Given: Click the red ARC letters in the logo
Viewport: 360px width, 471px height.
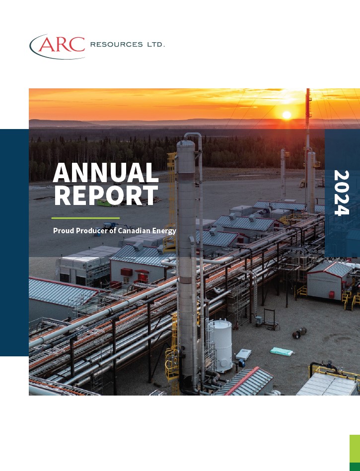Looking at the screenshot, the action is point(62,45).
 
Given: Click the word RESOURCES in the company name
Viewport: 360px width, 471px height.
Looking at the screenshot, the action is point(117,45).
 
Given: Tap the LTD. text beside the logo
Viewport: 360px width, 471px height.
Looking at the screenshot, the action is point(156,45).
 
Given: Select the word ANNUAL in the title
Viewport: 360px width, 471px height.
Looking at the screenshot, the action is point(105,173).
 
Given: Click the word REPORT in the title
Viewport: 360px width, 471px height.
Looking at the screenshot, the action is point(105,195).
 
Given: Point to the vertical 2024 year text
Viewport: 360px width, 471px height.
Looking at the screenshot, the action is point(342,193).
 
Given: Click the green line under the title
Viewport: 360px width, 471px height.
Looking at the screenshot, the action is point(85,218).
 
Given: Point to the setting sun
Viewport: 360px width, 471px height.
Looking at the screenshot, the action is point(287,115).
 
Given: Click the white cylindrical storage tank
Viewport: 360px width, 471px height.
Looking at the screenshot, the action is point(221,345).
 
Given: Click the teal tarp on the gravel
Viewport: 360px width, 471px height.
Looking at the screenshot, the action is point(281,351).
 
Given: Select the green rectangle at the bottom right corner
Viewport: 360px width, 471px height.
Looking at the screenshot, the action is point(355,453).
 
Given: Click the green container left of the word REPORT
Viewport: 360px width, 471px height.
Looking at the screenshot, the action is point(105,202).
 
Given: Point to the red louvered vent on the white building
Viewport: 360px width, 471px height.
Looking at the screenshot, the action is point(127,272).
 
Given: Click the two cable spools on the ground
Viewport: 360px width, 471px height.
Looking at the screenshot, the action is point(299,333).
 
